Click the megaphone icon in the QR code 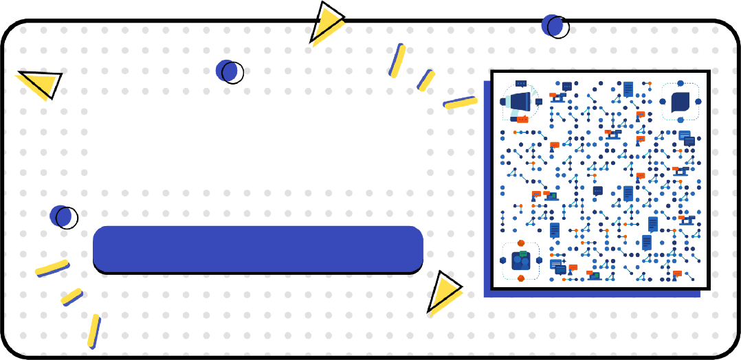(520, 102)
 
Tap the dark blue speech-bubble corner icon (680, 102)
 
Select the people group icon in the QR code (520, 261)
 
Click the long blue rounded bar (258, 248)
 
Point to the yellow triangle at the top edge (325, 22)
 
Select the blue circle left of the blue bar (63, 216)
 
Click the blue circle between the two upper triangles (229, 71)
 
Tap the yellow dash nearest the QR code (460, 103)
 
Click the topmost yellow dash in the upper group (397, 60)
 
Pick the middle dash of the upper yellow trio (426, 80)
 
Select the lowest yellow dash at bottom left (94, 331)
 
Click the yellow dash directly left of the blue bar (52, 268)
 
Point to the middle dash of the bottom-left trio (71, 297)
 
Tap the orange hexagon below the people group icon (520, 278)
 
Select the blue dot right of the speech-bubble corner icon (698, 102)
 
